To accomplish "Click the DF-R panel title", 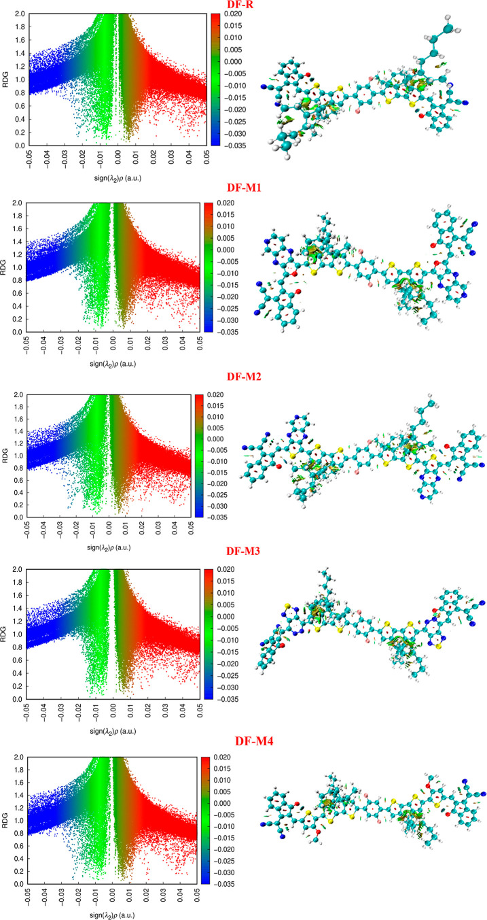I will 242,6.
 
